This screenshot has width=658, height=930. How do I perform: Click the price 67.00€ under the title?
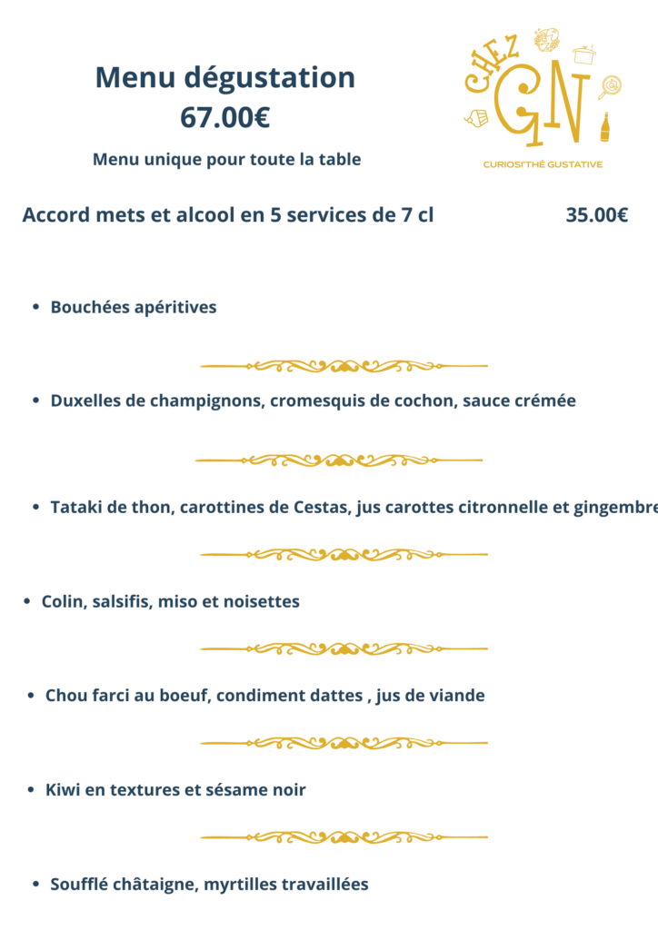coord(224,117)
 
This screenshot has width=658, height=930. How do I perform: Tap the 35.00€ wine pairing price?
coord(596,215)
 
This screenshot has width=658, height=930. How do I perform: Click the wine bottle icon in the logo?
coord(605,128)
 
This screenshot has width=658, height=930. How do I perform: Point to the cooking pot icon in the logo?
coord(583,54)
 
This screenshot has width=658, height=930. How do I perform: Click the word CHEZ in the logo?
coord(492,67)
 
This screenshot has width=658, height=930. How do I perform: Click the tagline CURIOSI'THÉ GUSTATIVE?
coord(543,164)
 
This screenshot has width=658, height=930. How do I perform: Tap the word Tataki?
coord(75,507)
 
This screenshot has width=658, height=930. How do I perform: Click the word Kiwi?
coord(62,790)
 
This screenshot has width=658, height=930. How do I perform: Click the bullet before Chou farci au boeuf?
coord(32,696)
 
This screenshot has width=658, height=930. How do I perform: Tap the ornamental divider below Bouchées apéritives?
coord(344,366)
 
